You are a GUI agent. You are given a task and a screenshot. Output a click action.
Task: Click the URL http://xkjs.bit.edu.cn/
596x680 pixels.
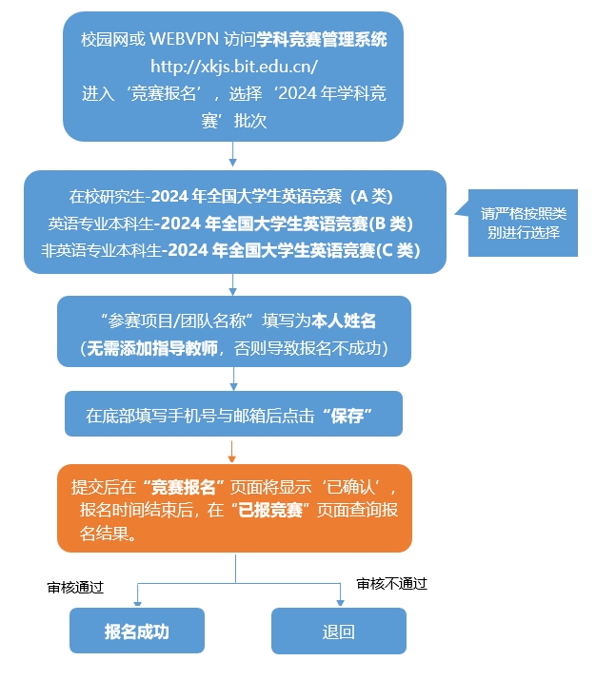tap(234, 67)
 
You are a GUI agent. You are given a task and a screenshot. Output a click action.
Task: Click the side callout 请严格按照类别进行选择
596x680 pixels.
tap(523, 223)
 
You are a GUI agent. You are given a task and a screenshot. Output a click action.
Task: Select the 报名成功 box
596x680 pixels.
tap(137, 631)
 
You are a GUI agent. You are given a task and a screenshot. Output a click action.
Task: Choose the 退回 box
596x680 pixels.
tap(339, 631)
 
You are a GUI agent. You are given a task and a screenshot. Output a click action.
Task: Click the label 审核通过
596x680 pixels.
tap(75, 588)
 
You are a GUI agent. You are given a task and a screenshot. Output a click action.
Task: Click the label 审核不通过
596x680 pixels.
tap(391, 583)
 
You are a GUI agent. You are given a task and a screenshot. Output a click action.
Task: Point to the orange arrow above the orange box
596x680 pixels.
tap(233, 450)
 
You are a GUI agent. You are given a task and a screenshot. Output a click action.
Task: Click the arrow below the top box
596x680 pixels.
tap(233, 154)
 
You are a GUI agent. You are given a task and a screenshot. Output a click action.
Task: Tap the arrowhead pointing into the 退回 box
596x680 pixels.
tap(340, 602)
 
